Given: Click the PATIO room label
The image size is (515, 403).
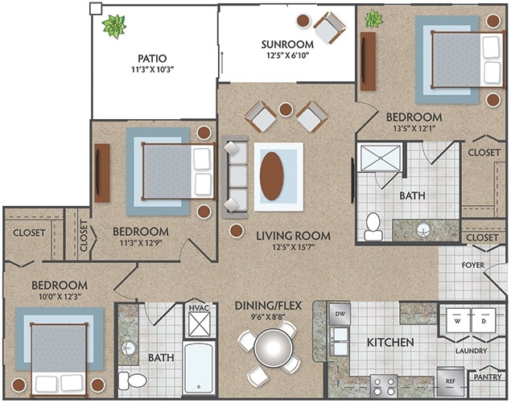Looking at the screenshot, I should click(x=151, y=58).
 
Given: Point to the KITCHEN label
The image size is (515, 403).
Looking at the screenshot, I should click(x=390, y=343).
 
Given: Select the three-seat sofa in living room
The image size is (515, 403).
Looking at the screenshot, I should click(x=234, y=177).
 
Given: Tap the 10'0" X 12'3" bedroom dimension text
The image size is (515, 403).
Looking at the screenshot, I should click(x=60, y=297).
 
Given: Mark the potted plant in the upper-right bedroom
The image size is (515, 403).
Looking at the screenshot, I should click(x=373, y=18).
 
